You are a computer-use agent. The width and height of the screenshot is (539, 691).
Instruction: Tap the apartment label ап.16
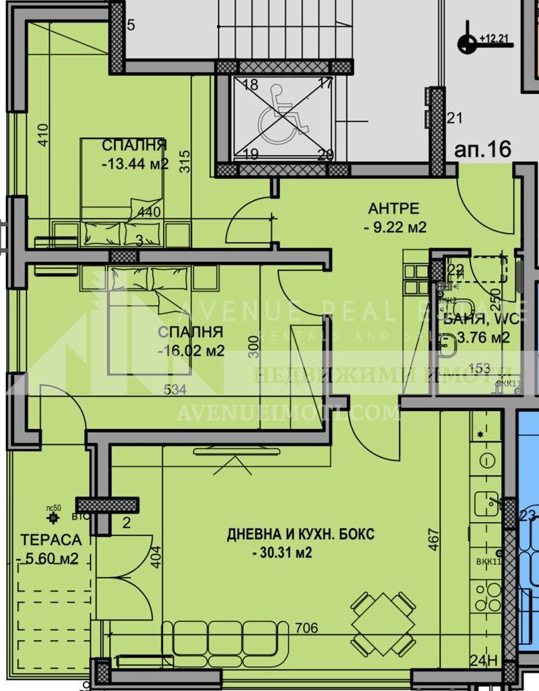(x=482, y=149)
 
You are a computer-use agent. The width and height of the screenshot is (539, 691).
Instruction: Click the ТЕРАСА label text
(x=50, y=540)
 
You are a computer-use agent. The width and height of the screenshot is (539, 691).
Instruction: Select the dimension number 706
(x=306, y=628)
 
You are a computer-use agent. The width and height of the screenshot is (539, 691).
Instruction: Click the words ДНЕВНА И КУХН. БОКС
(x=301, y=534)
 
